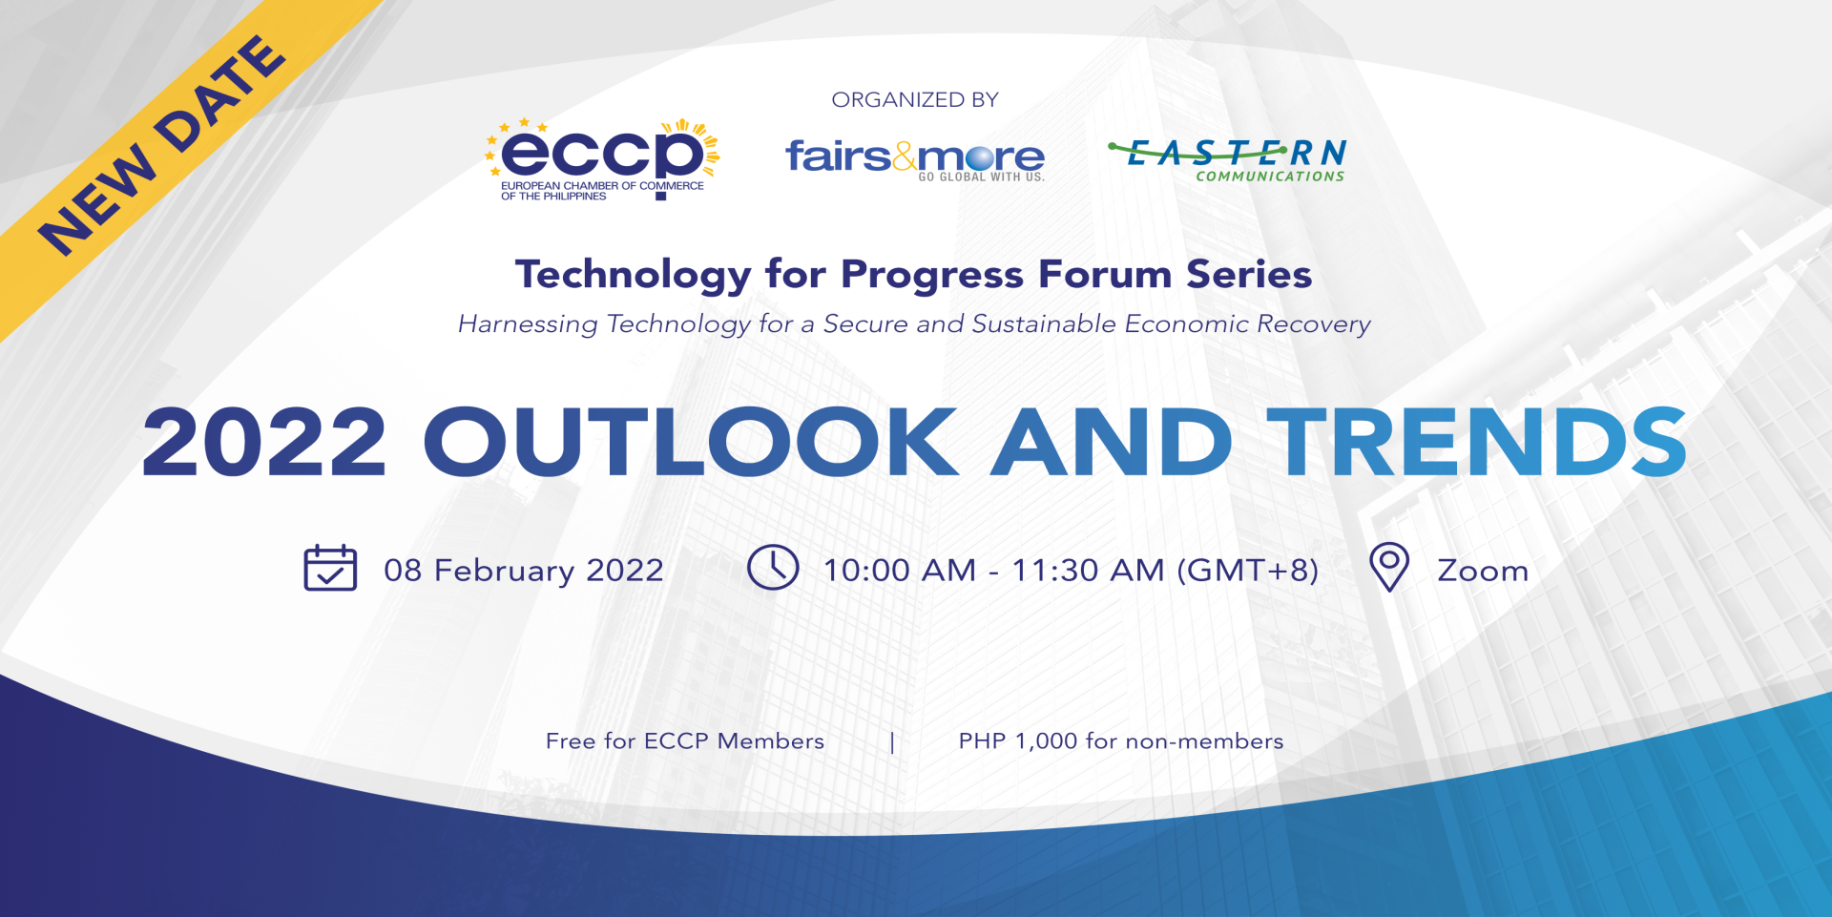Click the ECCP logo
coord(602,159)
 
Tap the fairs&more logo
coord(915,159)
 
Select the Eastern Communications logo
coord(1228,159)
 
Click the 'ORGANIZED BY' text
coord(915,99)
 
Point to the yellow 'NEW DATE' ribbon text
coord(161,146)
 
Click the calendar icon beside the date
coord(330,568)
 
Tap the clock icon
coord(773,568)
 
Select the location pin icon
coord(1389,568)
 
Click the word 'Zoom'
coord(1483,571)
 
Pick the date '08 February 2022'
coord(524,571)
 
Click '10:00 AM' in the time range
coord(900,571)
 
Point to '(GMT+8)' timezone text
coord(1248,571)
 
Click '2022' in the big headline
coord(264,441)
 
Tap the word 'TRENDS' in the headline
coord(1477,441)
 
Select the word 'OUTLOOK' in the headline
coord(692,441)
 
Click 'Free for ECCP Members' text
coord(685,741)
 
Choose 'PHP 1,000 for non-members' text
coord(1121,741)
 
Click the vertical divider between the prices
coord(892,742)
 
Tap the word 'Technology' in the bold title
coord(634,276)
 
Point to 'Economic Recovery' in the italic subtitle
coord(1248,324)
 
